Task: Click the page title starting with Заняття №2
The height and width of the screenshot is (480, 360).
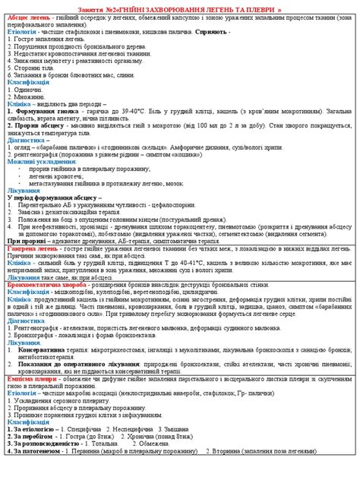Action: pyautogui.click(x=180, y=7)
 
